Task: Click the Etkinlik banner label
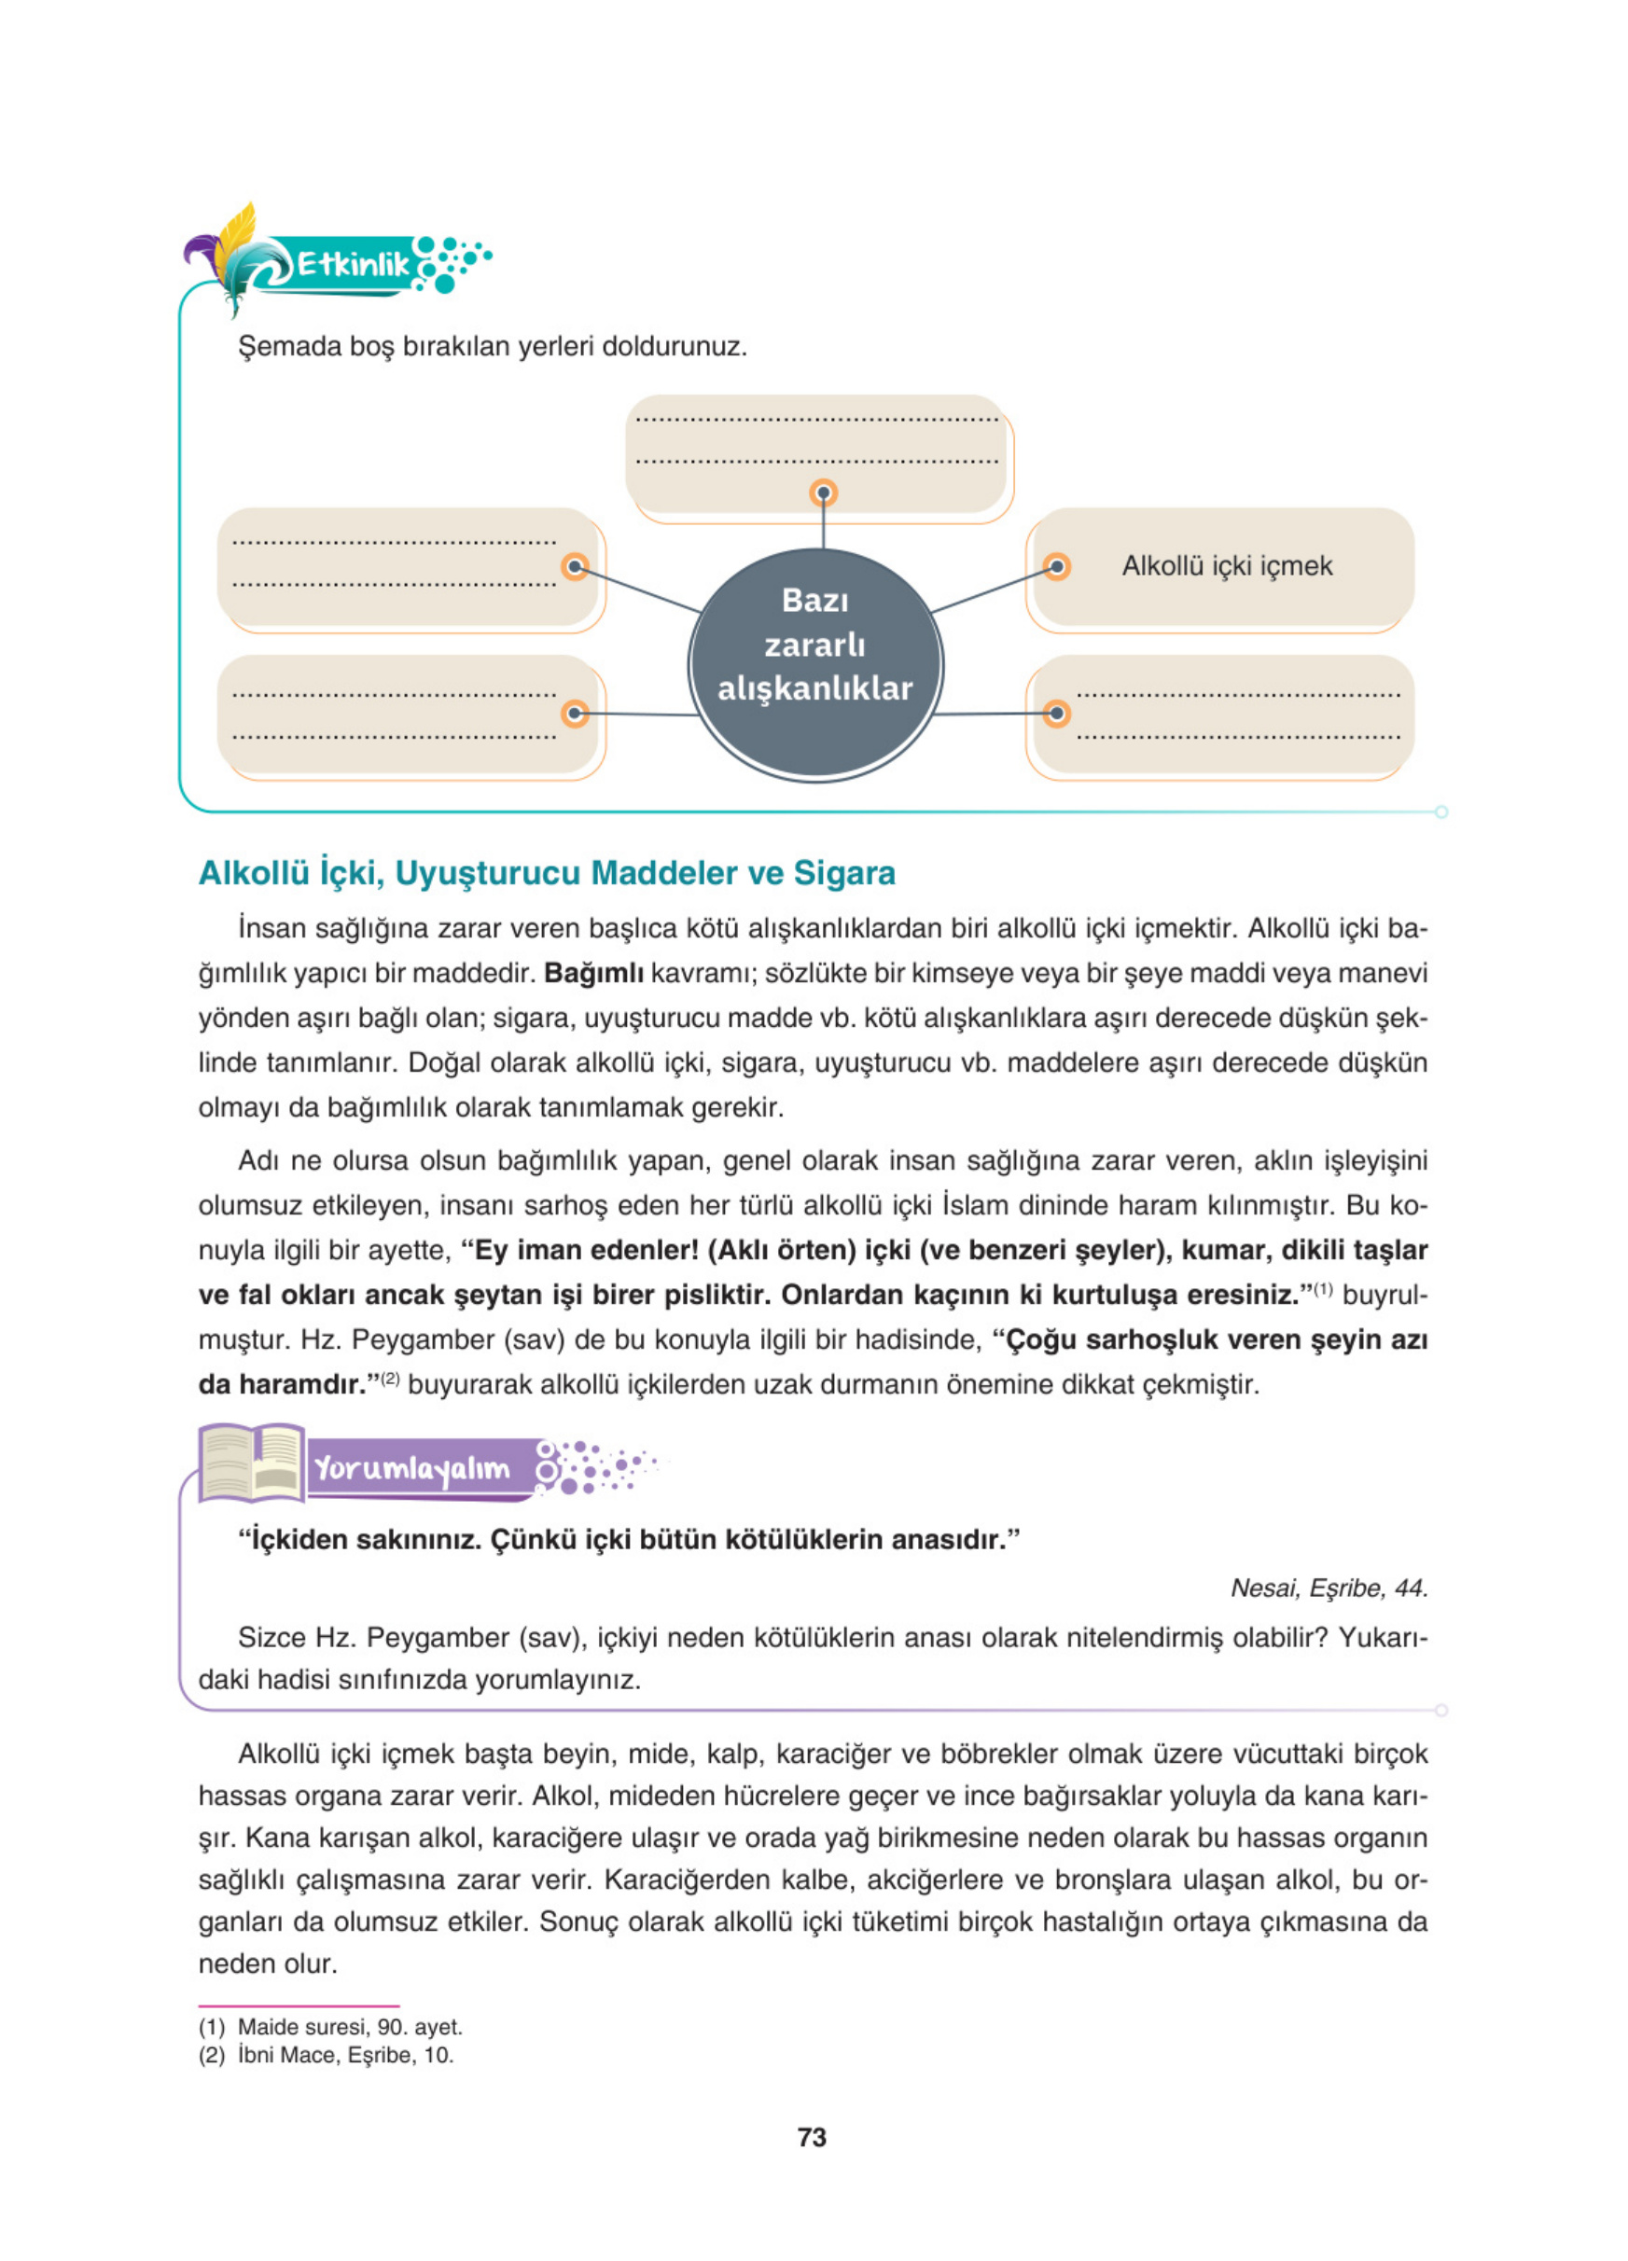click(x=353, y=264)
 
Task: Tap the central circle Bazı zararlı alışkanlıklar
click(x=814, y=665)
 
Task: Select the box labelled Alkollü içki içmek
click(x=1226, y=566)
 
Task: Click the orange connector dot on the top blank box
click(x=823, y=493)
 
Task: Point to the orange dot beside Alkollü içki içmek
click(x=1056, y=567)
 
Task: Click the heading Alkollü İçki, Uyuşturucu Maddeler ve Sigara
click(x=547, y=873)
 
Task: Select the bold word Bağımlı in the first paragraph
click(x=593, y=973)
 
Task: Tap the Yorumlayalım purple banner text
click(x=411, y=1468)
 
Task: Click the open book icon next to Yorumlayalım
click(x=251, y=1463)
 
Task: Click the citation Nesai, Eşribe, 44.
click(x=1328, y=1588)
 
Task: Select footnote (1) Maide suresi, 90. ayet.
click(x=330, y=2027)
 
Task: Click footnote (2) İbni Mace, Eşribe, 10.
click(x=326, y=2055)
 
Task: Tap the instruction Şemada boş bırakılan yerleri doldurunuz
click(x=493, y=347)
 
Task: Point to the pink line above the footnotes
click(x=299, y=2005)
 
